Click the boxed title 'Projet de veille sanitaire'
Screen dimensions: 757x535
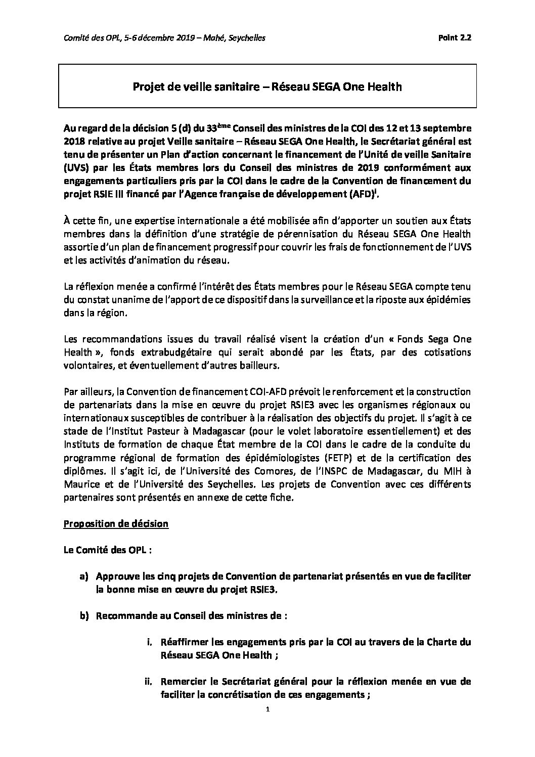click(267, 87)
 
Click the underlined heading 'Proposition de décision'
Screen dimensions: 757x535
click(116, 523)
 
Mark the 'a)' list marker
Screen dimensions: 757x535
click(83, 576)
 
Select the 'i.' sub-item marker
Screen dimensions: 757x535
click(149, 642)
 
